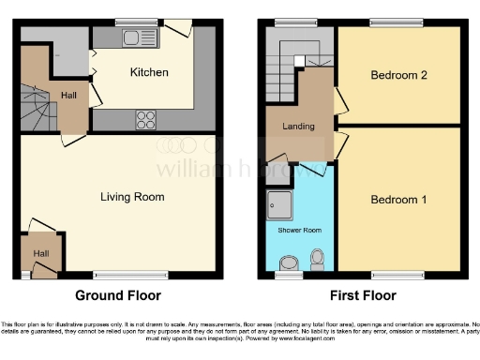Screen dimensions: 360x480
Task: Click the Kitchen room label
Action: [x=149, y=72]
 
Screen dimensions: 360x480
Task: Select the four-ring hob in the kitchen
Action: [x=147, y=119]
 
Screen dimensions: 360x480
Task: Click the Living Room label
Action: [x=133, y=197]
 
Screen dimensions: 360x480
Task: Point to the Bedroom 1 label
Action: [x=398, y=200]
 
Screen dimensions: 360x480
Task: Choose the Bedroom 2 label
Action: [x=398, y=74]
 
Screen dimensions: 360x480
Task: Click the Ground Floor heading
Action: [x=118, y=295]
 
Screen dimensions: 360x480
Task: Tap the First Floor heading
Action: [x=361, y=295]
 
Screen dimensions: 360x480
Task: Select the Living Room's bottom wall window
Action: [x=118, y=276]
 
